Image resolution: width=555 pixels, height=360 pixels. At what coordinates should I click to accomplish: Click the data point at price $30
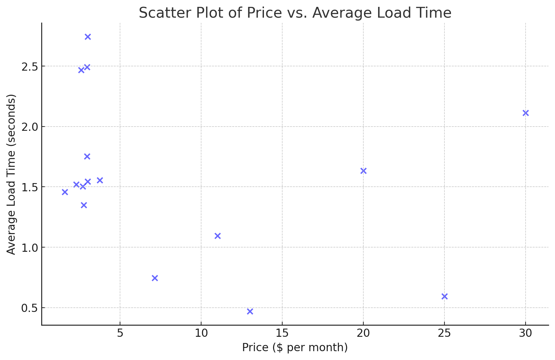(x=526, y=113)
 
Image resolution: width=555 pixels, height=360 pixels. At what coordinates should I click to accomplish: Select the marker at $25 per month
(x=444, y=297)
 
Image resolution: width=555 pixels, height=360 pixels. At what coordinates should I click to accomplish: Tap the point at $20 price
(x=363, y=171)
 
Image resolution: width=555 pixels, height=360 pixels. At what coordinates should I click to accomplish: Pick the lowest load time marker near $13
(x=250, y=312)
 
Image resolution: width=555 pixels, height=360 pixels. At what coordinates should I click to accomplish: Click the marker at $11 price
(x=217, y=236)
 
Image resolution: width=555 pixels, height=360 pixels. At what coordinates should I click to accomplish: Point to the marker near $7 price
(x=155, y=278)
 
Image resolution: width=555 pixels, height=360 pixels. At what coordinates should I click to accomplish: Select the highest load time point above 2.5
(x=88, y=37)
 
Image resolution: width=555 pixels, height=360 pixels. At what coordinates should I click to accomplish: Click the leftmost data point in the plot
(x=65, y=192)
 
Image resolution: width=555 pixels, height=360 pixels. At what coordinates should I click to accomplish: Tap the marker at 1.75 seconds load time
(x=87, y=157)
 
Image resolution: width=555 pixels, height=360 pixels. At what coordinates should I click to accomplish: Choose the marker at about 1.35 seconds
(x=84, y=205)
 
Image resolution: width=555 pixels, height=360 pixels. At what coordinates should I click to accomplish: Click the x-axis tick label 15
(x=282, y=333)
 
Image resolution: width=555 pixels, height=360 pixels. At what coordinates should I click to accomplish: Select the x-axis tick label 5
(x=120, y=333)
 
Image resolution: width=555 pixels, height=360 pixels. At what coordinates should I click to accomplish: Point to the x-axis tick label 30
(x=525, y=333)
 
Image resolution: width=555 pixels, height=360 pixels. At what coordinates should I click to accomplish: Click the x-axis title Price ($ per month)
(x=295, y=348)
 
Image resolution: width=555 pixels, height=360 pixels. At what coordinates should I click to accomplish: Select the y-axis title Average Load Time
(x=11, y=174)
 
